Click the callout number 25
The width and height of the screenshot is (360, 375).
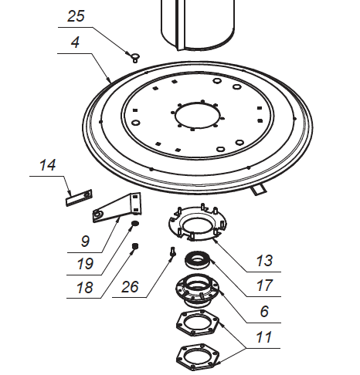pyautogui.click(x=76, y=16)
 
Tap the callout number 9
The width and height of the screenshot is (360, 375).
pyautogui.click(x=84, y=241)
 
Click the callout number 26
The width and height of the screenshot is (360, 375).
pyautogui.click(x=132, y=286)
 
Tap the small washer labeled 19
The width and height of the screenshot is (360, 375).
pyautogui.click(x=134, y=225)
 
